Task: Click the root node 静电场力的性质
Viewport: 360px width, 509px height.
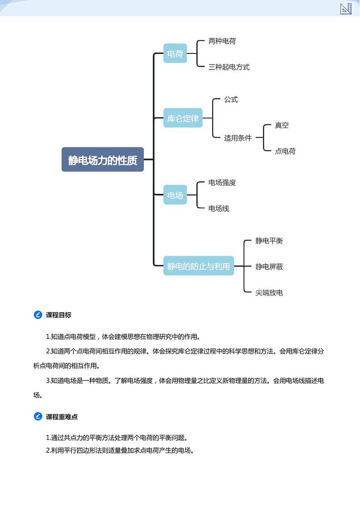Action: point(102,160)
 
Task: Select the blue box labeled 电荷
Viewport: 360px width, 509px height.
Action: point(175,53)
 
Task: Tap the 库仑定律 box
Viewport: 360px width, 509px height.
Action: point(183,118)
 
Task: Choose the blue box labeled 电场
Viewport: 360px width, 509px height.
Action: point(175,195)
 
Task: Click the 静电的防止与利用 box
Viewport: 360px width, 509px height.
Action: point(199,266)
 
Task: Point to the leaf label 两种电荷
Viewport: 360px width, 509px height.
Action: point(222,41)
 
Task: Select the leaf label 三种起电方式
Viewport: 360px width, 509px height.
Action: point(229,67)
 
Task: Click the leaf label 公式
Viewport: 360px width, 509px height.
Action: point(231,99)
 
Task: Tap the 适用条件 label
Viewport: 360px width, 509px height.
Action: point(238,138)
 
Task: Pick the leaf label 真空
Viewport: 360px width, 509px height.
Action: point(282,125)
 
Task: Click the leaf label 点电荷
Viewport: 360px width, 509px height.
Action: point(285,151)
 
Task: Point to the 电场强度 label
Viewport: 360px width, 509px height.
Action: point(222,183)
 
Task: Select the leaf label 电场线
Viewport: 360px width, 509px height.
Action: point(219,208)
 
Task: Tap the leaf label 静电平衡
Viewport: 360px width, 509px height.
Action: point(269,241)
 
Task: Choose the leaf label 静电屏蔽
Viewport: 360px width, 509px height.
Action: point(269,267)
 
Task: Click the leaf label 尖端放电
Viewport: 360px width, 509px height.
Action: point(269,292)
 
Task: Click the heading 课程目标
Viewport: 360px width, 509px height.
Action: point(58,315)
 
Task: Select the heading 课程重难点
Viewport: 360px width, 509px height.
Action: point(62,417)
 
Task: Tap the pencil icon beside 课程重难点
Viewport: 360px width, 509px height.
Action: point(38,417)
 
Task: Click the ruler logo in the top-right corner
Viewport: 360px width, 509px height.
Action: point(346,9)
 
